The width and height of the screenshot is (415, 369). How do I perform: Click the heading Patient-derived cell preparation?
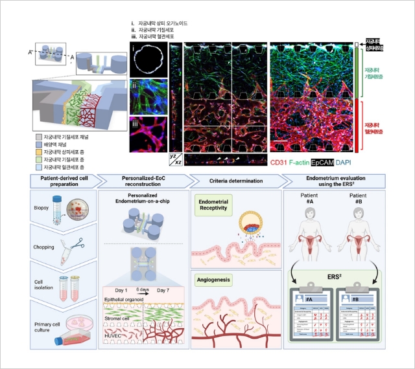pyautogui.click(x=64, y=181)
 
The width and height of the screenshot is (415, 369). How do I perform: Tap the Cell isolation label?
pyautogui.click(x=45, y=283)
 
